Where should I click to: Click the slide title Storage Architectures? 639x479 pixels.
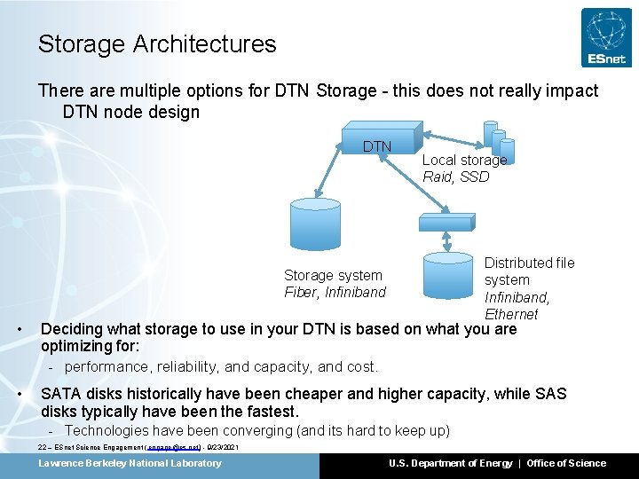coord(157,43)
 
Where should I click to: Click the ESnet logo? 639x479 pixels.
coord(606,37)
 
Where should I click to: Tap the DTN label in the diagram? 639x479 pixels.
coord(377,146)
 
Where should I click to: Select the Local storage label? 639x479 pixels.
coord(464,160)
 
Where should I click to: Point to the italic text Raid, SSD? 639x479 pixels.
coord(455,177)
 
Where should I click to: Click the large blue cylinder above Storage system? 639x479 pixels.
coord(316,225)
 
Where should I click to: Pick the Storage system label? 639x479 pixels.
coord(333,275)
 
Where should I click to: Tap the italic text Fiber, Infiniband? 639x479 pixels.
coord(335,292)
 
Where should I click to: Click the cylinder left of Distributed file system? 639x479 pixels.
coord(447,274)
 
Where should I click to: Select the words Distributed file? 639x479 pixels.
coord(529,263)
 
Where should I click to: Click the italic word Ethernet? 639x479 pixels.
coord(511,314)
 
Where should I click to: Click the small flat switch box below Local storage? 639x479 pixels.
coord(446,218)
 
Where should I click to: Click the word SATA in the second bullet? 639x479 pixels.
coord(61,394)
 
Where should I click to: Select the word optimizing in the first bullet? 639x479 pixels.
coord(79,345)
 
